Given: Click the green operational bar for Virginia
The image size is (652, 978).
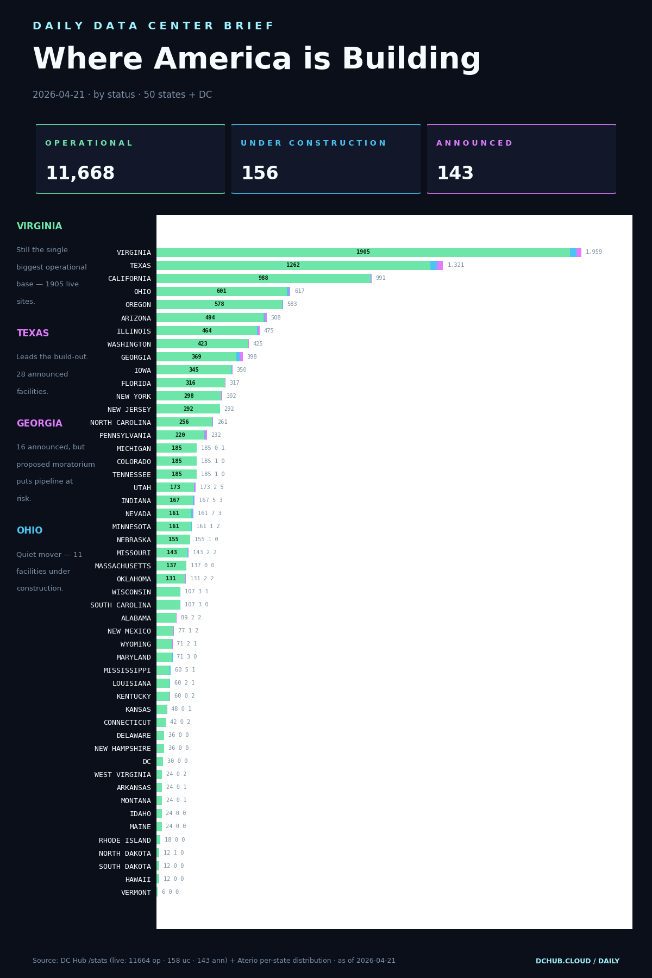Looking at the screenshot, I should pos(363,252).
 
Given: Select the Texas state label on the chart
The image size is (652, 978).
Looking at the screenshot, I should pos(140,266).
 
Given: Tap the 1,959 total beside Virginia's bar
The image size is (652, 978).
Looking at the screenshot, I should pos(593,252).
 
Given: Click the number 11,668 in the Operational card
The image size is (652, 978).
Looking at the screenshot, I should pos(80,174).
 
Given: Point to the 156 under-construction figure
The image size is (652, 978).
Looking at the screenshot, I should pos(260,174).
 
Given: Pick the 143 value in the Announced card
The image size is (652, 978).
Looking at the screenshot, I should pos(455,174).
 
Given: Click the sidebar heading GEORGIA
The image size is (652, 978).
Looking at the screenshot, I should pos(39,424).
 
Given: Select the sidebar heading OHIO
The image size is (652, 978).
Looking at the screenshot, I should pos(29,531).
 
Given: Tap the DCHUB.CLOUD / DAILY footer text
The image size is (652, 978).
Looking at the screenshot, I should pos(577,961).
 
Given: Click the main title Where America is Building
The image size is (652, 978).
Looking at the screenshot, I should pos(256,60).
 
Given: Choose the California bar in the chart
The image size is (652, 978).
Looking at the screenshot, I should pos(264,278).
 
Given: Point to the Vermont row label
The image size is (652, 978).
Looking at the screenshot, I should pos(136,893).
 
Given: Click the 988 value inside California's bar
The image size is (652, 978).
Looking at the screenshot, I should pos(264,278).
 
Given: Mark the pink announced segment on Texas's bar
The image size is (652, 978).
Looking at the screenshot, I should pos(440,265).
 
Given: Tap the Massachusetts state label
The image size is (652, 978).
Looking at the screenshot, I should pos(123,566).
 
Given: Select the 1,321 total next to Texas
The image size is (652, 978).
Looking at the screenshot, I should pos(455,265).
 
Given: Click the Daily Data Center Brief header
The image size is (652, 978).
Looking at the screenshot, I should pos(153,26).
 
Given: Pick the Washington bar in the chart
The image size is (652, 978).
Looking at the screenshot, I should pos(202,344).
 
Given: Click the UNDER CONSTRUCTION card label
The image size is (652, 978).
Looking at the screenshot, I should pos(313,143).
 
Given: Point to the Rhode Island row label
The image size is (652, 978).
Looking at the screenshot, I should pos(125,841).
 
